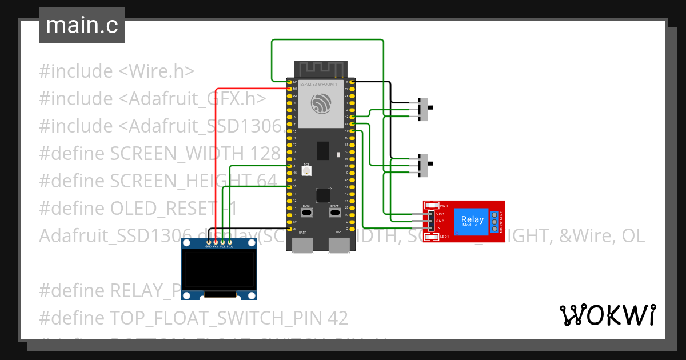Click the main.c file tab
pos(82,25)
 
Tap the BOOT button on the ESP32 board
pos(306,213)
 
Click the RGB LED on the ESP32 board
pos(306,171)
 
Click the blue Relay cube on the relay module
pos(472,221)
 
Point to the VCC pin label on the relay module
pos(440,214)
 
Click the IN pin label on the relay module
pos(438,228)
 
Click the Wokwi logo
pos(607,315)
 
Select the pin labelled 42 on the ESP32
pos(352,117)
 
